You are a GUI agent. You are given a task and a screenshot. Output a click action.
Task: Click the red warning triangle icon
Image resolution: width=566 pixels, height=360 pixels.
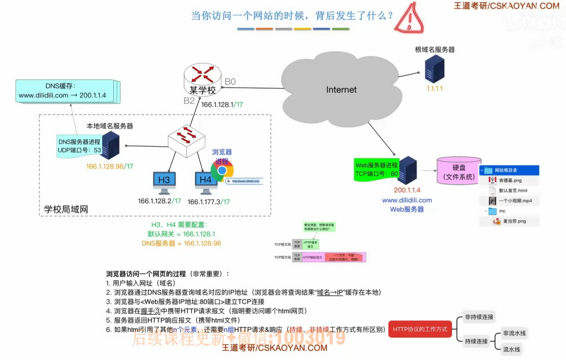(410, 19)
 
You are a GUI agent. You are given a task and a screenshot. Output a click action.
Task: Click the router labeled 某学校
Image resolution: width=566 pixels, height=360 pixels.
(202, 78)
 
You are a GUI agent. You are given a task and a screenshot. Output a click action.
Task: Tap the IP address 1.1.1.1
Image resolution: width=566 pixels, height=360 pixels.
(435, 89)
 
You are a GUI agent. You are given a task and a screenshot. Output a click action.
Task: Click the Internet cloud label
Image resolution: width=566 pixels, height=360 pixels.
(341, 90)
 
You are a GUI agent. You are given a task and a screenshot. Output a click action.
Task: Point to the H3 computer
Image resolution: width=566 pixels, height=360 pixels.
(164, 182)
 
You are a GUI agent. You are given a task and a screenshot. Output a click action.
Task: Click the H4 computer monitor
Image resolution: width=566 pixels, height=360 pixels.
(205, 182)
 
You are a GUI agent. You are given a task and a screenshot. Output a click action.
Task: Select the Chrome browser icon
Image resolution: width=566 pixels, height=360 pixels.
(222, 170)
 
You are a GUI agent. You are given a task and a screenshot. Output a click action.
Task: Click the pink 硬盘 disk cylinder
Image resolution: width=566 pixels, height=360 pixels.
(459, 171)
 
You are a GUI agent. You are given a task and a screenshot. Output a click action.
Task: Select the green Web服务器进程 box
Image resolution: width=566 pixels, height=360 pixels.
(376, 170)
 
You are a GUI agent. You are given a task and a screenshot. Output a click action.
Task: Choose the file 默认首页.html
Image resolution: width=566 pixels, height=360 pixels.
(513, 191)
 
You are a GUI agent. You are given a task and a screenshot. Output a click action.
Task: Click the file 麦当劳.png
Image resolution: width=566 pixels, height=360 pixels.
(514, 221)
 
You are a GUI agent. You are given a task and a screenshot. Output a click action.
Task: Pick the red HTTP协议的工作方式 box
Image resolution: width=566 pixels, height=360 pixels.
(420, 329)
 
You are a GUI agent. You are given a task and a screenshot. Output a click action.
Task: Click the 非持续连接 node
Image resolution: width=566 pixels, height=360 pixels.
(479, 317)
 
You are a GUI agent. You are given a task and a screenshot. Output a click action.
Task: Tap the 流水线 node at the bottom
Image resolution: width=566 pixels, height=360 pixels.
(511, 349)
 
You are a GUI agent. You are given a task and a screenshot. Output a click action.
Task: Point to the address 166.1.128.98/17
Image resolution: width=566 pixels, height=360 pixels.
(109, 167)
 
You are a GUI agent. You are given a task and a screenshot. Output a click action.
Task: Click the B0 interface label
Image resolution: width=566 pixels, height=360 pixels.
(230, 82)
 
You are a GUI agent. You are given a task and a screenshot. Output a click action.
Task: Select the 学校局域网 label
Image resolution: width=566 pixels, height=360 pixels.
(66, 209)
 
